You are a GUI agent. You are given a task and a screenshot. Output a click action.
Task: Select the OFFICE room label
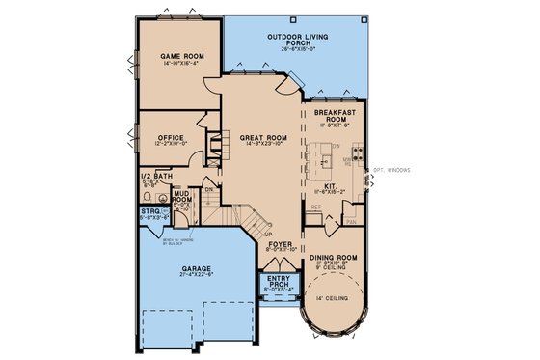click(x=171, y=138)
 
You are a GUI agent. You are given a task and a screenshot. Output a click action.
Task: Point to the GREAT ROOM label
click(x=254, y=138)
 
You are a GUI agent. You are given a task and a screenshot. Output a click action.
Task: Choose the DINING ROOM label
click(x=335, y=257)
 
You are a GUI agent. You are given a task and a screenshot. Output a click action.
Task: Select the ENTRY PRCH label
click(x=278, y=281)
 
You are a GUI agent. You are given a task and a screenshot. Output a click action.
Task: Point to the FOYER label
click(x=278, y=245)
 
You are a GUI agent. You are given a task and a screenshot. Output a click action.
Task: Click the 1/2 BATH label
click(x=156, y=177)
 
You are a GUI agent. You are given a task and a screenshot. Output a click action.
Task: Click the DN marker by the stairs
click(x=207, y=190)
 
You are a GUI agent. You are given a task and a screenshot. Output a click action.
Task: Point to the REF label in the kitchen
click(x=314, y=206)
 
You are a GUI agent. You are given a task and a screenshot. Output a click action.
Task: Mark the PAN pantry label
click(x=350, y=220)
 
